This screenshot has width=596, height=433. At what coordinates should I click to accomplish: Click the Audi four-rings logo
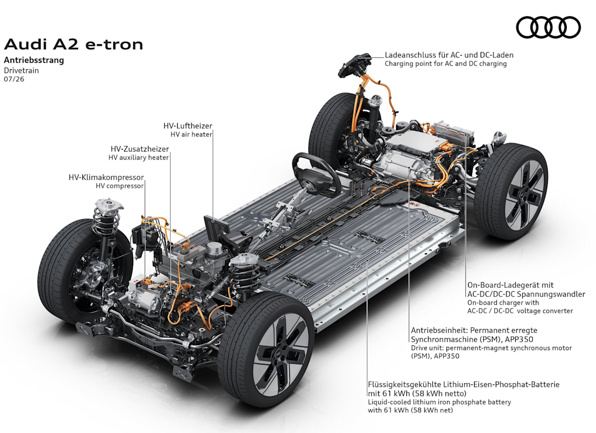[x=548, y=28]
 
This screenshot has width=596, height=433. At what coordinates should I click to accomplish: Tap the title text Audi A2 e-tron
[x=73, y=44]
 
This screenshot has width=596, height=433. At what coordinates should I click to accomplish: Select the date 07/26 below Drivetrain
[x=14, y=79]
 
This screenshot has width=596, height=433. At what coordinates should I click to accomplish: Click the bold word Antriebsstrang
[x=34, y=60]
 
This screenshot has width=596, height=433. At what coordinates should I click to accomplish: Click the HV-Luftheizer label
[x=188, y=126]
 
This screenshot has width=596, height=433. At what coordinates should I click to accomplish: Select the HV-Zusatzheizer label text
[x=140, y=149]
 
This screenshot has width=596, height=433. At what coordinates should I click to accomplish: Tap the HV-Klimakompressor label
[x=106, y=178]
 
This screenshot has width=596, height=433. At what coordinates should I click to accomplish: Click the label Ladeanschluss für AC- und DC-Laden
[x=449, y=55]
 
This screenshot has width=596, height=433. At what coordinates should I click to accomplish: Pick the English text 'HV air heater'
[x=191, y=134]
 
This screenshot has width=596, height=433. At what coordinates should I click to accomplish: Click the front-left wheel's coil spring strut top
[x=109, y=205]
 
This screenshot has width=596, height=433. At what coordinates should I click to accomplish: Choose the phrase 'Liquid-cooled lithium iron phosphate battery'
[x=439, y=402]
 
